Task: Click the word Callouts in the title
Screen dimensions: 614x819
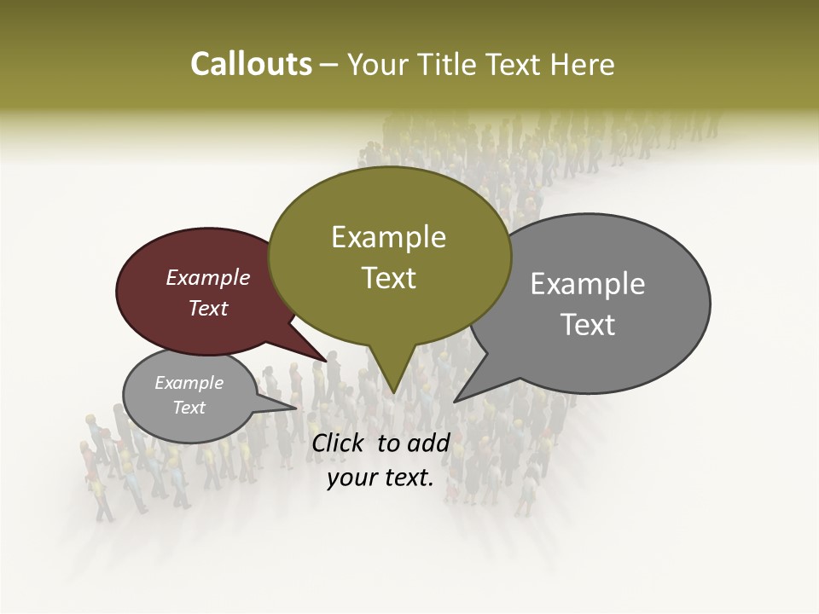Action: [x=252, y=64]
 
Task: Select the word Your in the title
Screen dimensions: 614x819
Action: [x=380, y=64]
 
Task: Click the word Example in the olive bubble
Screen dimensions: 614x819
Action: [x=389, y=237]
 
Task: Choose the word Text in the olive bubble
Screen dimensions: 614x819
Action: [x=389, y=278]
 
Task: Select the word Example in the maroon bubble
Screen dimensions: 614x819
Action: [x=208, y=277]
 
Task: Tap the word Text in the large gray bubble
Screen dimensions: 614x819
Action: [x=589, y=325]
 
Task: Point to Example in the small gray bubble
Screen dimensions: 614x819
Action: [x=189, y=383]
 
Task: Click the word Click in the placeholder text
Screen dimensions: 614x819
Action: [x=338, y=443]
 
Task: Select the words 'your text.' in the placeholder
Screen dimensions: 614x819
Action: [x=380, y=478]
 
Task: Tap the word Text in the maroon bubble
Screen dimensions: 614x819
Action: [x=208, y=308]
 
